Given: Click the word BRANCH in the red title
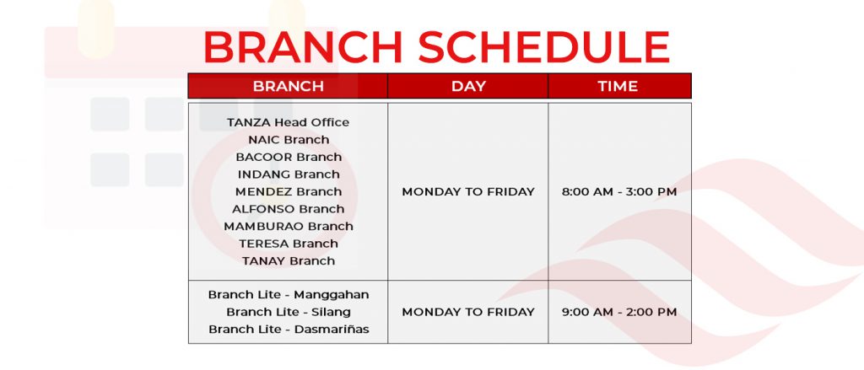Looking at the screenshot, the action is pyautogui.click(x=303, y=47).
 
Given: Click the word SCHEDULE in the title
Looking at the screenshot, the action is pyautogui.click(x=543, y=47).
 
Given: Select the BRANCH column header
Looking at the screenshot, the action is pyautogui.click(x=289, y=87).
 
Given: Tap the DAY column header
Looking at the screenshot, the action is pyautogui.click(x=468, y=87).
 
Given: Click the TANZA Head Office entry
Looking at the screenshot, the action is pyautogui.click(x=289, y=122).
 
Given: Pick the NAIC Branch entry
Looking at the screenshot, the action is pyautogui.click(x=289, y=140).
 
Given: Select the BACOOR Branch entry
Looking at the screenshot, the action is pyautogui.click(x=289, y=157).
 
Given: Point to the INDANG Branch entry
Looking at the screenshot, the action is pyautogui.click(x=289, y=174).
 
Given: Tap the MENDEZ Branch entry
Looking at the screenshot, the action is pyautogui.click(x=289, y=191).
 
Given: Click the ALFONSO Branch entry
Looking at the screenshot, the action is pyautogui.click(x=289, y=209).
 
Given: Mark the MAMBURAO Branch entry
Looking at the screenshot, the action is pyautogui.click(x=289, y=226).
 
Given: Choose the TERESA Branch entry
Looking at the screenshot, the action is pyautogui.click(x=289, y=244).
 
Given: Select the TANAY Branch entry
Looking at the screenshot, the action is pyautogui.click(x=289, y=261).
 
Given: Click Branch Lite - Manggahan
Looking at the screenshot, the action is pyautogui.click(x=289, y=295).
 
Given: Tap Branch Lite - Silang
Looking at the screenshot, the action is pyautogui.click(x=289, y=312).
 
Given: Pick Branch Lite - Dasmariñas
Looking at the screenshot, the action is pyautogui.click(x=289, y=330).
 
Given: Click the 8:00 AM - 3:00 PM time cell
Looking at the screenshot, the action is pyautogui.click(x=618, y=191).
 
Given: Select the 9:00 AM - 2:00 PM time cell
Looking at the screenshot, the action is pyautogui.click(x=618, y=312).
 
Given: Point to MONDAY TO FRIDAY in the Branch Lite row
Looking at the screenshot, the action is pyautogui.click(x=467, y=312).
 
